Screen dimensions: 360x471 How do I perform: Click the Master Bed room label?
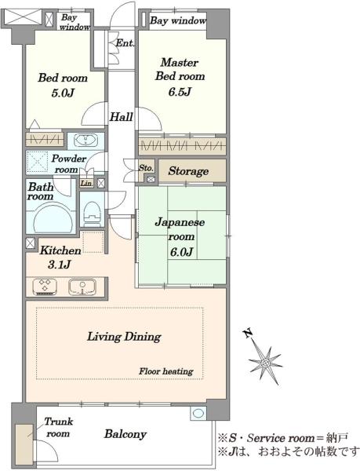pyautogui.click(x=180, y=69)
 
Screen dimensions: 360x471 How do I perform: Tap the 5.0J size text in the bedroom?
pyautogui.click(x=63, y=93)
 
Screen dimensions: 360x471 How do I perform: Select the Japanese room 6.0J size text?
pyautogui.click(x=181, y=252)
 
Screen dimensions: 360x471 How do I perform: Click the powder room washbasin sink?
pyautogui.click(x=86, y=141)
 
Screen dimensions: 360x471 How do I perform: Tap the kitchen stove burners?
pyautogui.click(x=45, y=287)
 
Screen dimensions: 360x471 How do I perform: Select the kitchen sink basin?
pyautogui.click(x=82, y=287)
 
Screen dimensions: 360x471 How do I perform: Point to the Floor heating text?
pyautogui.click(x=166, y=372)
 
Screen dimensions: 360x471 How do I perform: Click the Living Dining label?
pyautogui.click(x=124, y=337)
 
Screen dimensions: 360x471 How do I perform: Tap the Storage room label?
pyautogui.click(x=188, y=171)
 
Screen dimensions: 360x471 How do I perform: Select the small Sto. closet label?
pyautogui.click(x=146, y=168)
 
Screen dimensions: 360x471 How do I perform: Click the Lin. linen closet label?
pyautogui.click(x=86, y=183)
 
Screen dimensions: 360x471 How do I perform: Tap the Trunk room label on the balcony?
pyautogui.click(x=58, y=428)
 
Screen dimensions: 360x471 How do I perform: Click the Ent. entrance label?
pyautogui.click(x=125, y=43)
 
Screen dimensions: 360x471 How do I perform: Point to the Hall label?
pyautogui.click(x=122, y=117)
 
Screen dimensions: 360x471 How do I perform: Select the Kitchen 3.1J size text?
pyautogui.click(x=60, y=265)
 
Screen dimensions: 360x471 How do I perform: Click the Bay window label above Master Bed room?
pyautogui.click(x=178, y=20)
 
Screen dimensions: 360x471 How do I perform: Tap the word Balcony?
pyautogui.click(x=125, y=434)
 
